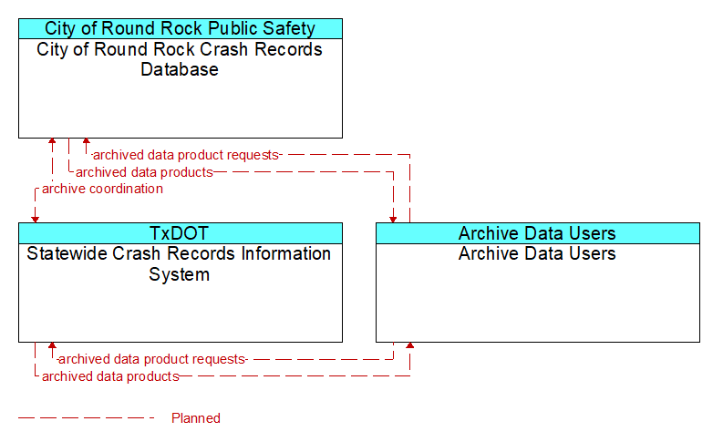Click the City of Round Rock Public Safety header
point(180,28)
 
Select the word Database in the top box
point(180,69)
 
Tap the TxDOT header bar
point(180,233)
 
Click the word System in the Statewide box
point(179,274)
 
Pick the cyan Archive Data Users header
point(537,233)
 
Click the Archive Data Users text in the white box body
point(537,253)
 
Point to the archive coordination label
point(102,189)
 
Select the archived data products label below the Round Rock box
point(144,172)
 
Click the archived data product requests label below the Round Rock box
point(185,155)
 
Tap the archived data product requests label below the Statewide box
point(152,359)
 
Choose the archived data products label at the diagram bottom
point(110,376)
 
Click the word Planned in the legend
point(196,418)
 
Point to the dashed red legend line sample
point(87,417)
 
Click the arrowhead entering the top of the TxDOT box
point(35,220)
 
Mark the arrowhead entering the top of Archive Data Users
point(393,220)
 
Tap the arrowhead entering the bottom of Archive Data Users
point(409,345)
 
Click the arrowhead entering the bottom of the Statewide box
point(52,345)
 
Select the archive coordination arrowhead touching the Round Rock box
point(52,141)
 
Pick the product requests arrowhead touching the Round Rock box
point(86,141)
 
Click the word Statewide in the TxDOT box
point(67,253)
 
